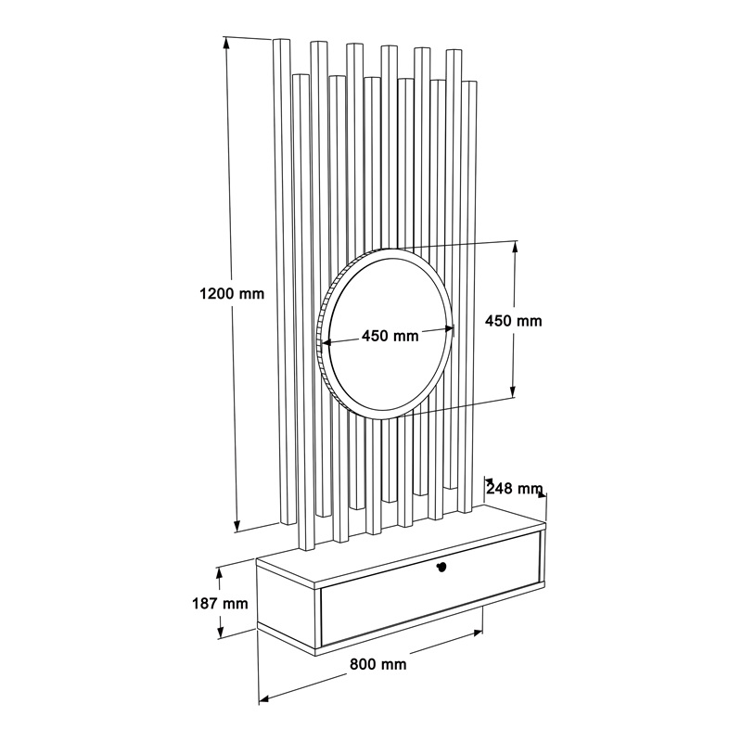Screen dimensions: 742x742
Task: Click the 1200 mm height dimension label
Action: pyautogui.click(x=232, y=294)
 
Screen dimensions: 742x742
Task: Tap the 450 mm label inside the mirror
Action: pyautogui.click(x=390, y=336)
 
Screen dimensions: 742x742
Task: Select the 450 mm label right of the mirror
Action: pyautogui.click(x=514, y=321)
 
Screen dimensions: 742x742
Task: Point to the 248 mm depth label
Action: pyautogui.click(x=515, y=488)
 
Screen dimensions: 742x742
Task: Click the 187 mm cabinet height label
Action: pyautogui.click(x=220, y=604)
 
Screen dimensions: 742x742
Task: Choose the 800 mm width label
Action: pyautogui.click(x=378, y=664)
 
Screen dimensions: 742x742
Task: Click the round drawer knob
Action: pyautogui.click(x=442, y=568)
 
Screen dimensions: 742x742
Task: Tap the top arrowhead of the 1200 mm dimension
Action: pyautogui.click(x=226, y=43)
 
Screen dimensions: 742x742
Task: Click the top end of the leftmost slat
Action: pyautogui.click(x=282, y=41)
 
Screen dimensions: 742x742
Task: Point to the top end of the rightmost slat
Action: pyautogui.click(x=468, y=83)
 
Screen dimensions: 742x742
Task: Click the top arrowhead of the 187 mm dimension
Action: pyautogui.click(x=219, y=573)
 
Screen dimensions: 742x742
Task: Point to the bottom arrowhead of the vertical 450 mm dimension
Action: pyautogui.click(x=513, y=391)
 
